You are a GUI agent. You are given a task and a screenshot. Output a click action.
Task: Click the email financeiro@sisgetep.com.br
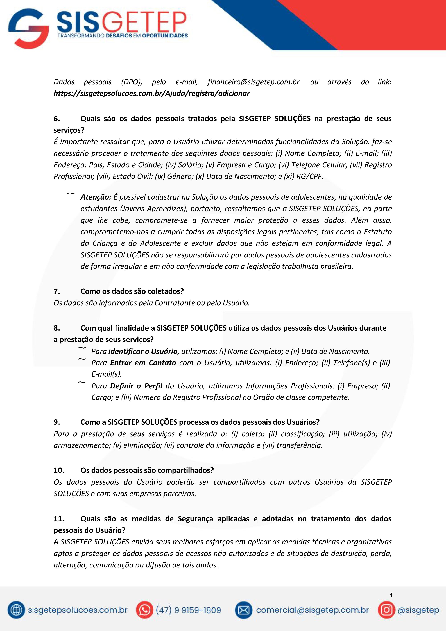[253, 82]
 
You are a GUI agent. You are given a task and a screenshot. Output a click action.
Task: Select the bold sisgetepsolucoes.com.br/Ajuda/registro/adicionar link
[151, 93]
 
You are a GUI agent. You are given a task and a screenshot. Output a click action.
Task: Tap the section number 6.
[57, 119]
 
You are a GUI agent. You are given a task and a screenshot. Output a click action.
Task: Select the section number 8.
[57, 328]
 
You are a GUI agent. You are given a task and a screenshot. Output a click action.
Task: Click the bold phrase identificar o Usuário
[143, 352]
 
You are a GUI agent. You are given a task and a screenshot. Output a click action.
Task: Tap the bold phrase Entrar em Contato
[143, 363]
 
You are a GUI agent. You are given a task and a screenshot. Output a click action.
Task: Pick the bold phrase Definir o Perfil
[136, 386]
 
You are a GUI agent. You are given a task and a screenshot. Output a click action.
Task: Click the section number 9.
[57, 422]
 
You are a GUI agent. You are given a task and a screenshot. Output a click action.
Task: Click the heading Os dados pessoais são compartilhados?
[147, 471]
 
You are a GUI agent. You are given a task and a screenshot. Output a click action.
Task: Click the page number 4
[391, 595]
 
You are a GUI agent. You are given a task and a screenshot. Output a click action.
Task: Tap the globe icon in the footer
[16, 610]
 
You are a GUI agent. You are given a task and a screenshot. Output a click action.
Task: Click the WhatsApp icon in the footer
[144, 610]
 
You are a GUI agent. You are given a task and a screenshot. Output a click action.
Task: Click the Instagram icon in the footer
[386, 610]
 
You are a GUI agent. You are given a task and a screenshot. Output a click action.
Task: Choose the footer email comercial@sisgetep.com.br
[312, 610]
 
